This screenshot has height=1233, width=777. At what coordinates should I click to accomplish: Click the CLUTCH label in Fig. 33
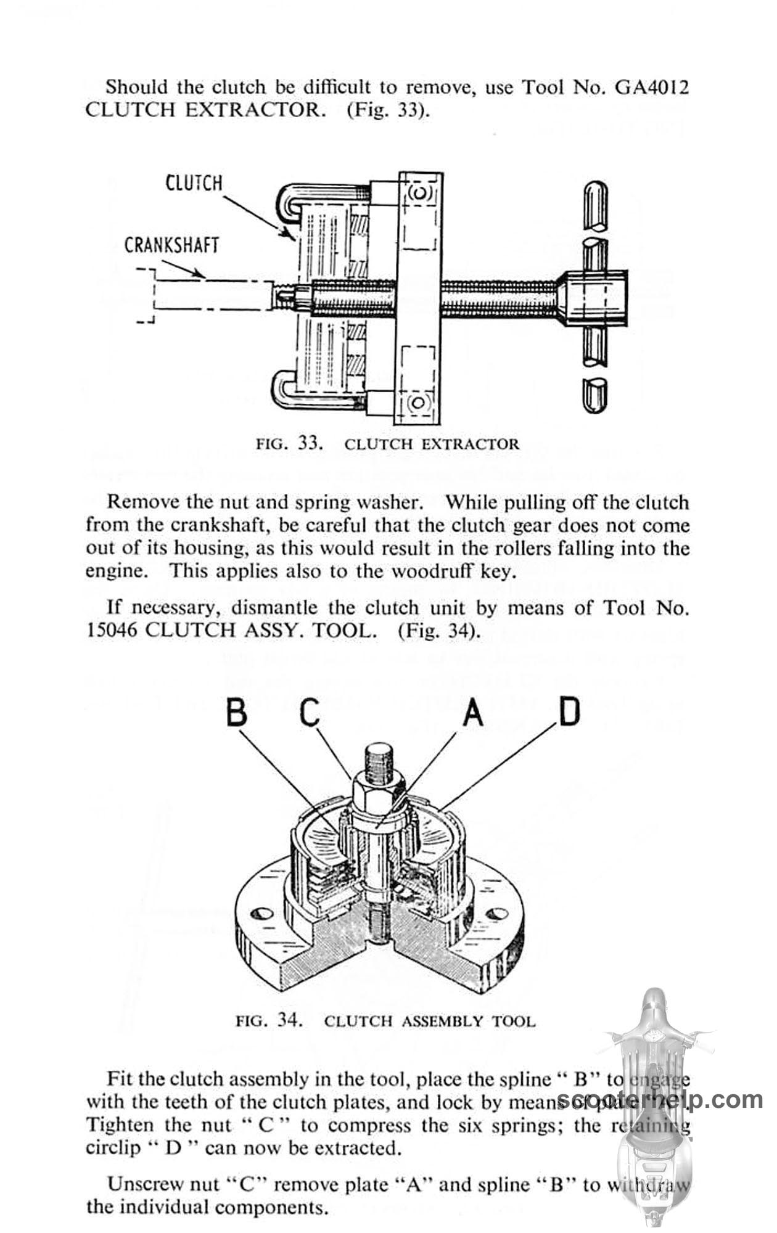click(x=194, y=183)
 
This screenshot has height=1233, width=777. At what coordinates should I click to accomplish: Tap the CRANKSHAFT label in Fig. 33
click(x=171, y=245)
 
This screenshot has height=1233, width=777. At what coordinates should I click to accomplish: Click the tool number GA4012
click(x=651, y=87)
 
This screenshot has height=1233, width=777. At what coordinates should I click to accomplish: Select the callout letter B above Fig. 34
click(x=237, y=713)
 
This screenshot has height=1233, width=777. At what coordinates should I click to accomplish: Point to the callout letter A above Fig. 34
click(x=472, y=713)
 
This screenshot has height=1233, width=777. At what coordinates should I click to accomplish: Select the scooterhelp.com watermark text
click(x=660, y=1099)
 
